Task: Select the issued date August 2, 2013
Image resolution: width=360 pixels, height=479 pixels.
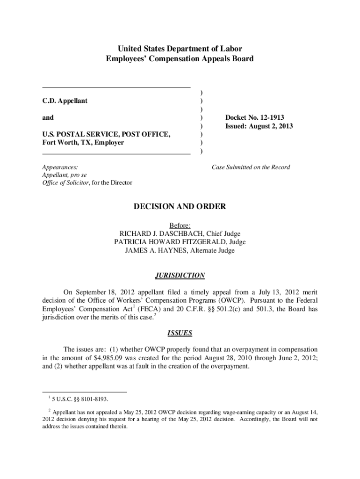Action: pos(271,126)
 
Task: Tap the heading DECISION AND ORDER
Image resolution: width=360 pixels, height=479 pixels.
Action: pos(180,206)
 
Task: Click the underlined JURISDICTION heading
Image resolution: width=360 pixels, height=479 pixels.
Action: pos(180,276)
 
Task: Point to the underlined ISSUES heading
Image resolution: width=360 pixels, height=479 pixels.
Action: pos(180,334)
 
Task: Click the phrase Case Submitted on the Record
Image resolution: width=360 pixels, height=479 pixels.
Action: pos(251,167)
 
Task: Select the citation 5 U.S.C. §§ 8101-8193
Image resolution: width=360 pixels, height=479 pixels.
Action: pos(81,399)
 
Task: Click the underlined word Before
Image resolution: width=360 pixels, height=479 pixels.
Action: pos(180,225)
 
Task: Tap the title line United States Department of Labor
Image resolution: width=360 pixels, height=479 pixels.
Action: pos(180,49)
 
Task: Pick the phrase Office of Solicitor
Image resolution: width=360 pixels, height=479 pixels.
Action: pos(64,182)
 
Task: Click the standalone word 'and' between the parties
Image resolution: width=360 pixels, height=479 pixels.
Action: pos(48,117)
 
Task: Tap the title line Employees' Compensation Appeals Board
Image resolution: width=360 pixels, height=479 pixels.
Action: pos(180,59)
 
